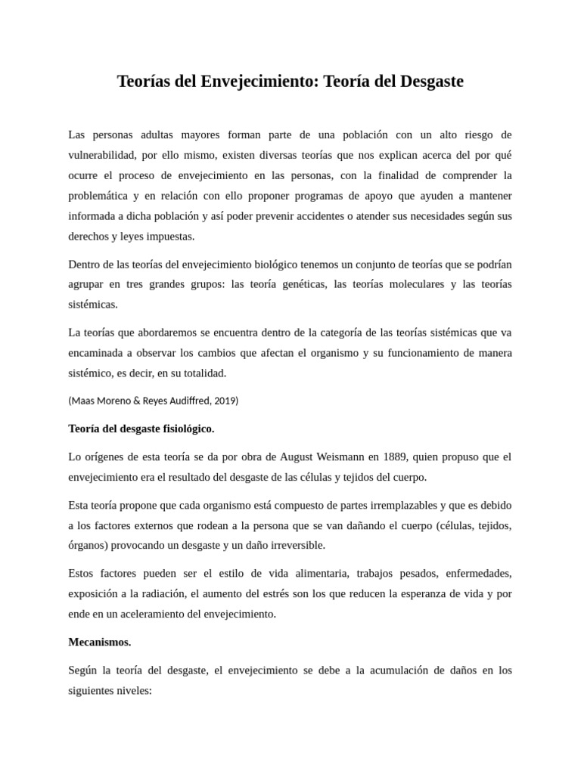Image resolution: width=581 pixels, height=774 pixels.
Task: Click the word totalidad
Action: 204,373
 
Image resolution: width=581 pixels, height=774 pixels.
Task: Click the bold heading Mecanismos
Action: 99,642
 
